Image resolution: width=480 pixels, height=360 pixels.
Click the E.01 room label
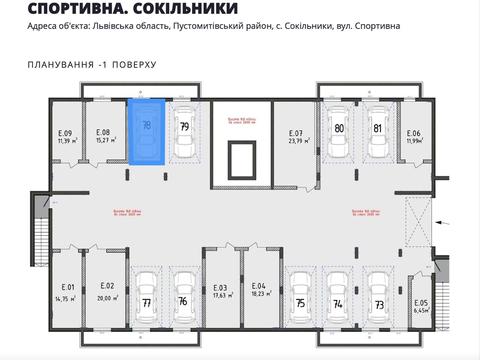click(x=66, y=292)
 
